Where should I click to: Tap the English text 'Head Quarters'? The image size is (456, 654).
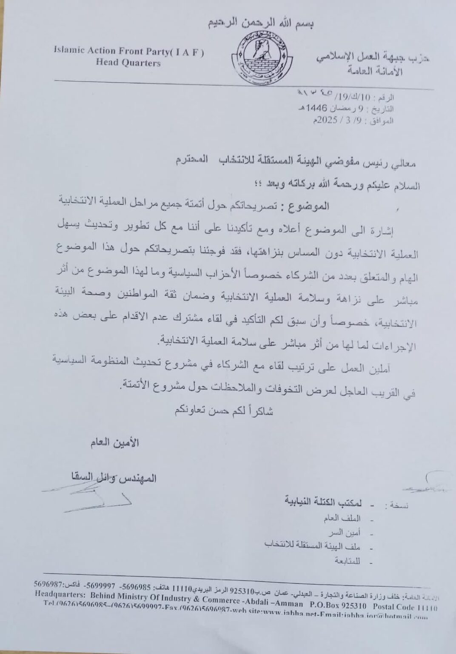[x=128, y=63]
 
